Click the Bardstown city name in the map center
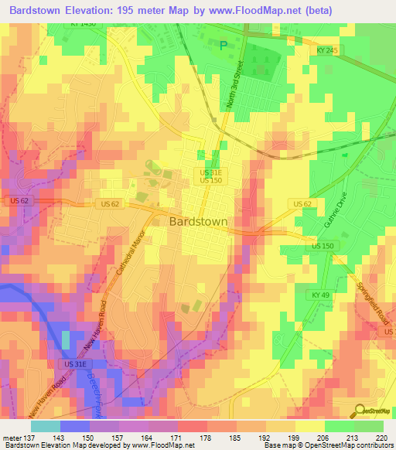tap(198, 221)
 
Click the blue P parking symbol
tap(224, 46)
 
